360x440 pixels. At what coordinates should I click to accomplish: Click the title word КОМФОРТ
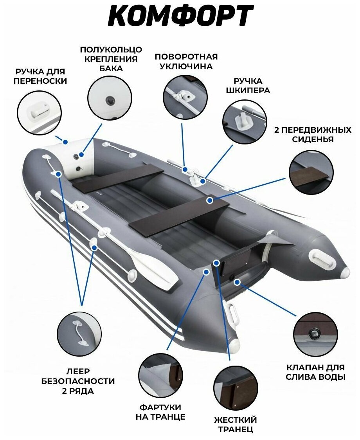pyautogui.click(x=180, y=17)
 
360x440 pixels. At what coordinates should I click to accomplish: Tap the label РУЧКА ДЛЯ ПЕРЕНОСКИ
pyautogui.click(x=40, y=76)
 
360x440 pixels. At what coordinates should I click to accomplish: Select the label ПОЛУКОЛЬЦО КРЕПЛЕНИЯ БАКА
pyautogui.click(x=111, y=59)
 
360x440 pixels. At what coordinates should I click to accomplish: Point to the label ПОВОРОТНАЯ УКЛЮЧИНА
pyautogui.click(x=186, y=61)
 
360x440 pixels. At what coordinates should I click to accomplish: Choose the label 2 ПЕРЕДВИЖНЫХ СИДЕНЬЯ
pyautogui.click(x=312, y=134)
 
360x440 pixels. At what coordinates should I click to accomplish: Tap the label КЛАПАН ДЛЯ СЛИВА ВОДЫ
pyautogui.click(x=315, y=372)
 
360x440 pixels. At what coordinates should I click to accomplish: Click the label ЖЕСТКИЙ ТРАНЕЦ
pyautogui.click(x=235, y=425)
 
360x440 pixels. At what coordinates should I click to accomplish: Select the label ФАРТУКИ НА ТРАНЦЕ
pyautogui.click(x=160, y=412)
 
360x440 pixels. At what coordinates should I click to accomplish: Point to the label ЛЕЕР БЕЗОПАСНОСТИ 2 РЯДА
pyautogui.click(x=78, y=381)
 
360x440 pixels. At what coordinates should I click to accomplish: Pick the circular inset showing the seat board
pyautogui.click(x=311, y=173)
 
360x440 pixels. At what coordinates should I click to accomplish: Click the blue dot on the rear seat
pyautogui.click(x=210, y=200)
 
